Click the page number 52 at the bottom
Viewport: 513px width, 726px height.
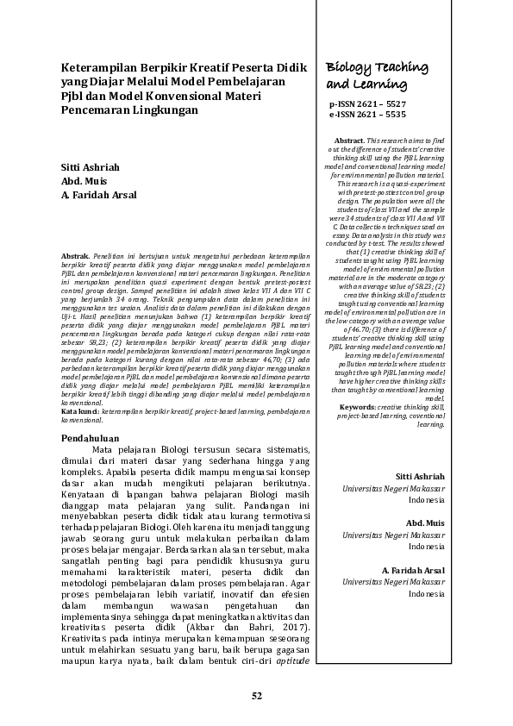(x=256, y=696)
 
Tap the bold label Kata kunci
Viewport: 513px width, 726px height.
(x=79, y=413)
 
